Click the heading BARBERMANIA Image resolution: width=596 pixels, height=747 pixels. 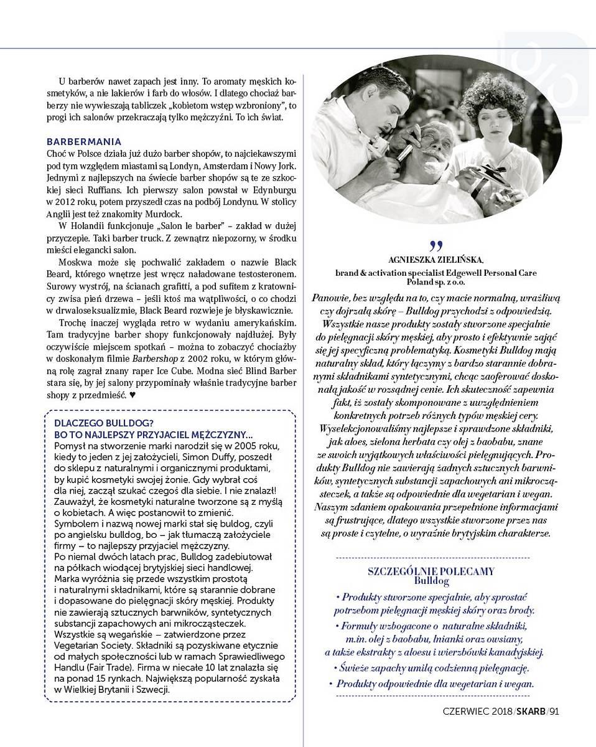click(84, 142)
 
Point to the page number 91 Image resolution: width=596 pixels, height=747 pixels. click(554, 712)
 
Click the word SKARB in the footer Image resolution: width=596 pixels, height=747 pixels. click(531, 712)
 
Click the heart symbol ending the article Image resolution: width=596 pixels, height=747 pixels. click(132, 395)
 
